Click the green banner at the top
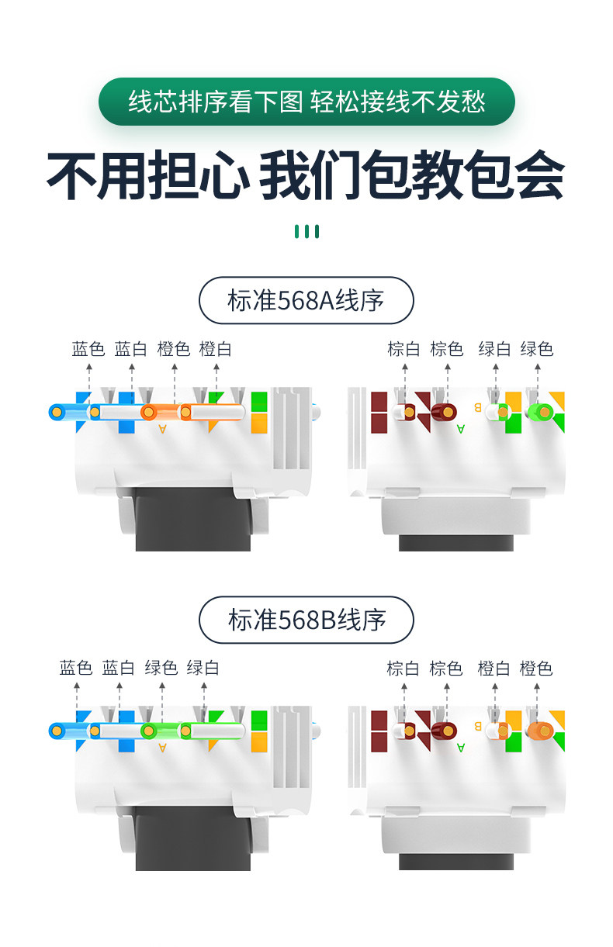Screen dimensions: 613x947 306,102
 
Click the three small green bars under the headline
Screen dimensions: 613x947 306,231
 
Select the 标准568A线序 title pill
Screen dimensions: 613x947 306,300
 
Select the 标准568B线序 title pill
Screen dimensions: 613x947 306,620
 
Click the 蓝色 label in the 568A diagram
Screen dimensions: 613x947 88,349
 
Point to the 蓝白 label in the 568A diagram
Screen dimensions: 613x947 131,349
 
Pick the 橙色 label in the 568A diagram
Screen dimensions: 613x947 174,349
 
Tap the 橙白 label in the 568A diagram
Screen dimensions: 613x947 216,349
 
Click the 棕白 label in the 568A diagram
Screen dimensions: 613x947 403,349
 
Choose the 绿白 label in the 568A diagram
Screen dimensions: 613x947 494,349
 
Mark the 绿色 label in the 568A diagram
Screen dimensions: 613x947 537,349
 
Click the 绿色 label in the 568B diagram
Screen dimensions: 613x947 161,668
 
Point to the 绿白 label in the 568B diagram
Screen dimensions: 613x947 203,668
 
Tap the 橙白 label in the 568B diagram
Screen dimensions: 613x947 494,668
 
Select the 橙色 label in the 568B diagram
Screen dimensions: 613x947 536,668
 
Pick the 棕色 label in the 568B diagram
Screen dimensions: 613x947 446,668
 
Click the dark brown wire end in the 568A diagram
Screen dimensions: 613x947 444,412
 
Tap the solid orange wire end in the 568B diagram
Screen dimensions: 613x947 539,731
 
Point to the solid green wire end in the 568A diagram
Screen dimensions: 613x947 539,412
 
